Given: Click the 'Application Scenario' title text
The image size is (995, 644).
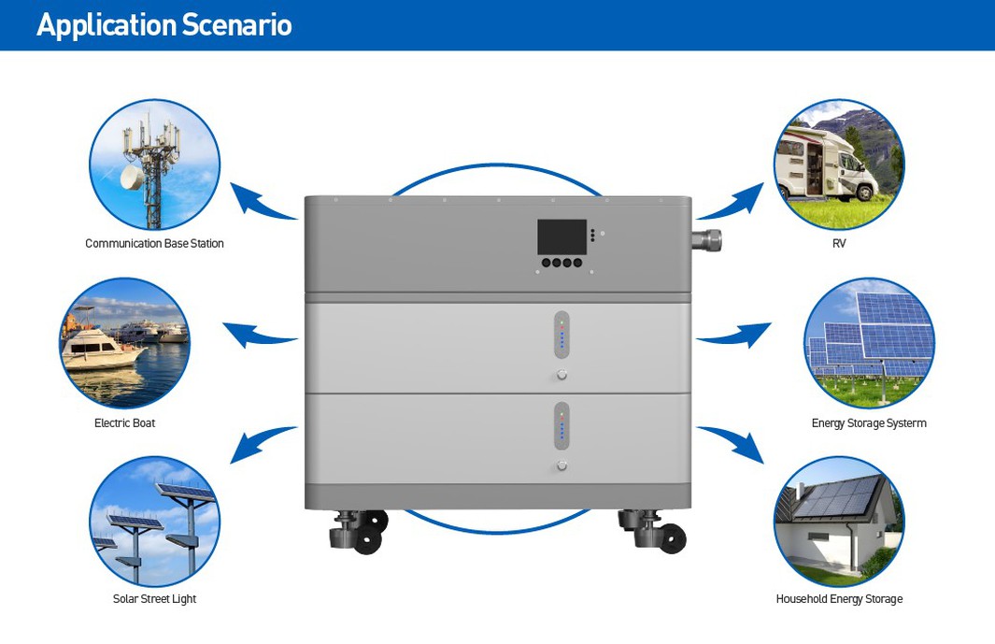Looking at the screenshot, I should [164, 25].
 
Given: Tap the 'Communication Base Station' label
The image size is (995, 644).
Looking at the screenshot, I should [154, 244].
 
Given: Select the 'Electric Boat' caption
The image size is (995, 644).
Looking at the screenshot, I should [124, 423].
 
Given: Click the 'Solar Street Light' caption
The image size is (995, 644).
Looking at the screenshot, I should [154, 599].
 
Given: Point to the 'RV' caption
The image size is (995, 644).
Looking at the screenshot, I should [838, 244].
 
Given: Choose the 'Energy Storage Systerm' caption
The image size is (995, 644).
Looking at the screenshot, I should [869, 423].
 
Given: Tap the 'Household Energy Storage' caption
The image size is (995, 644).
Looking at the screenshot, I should [839, 599].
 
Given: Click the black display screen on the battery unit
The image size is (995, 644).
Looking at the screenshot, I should [561, 237].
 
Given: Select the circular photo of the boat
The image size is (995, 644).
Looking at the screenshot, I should [124, 343].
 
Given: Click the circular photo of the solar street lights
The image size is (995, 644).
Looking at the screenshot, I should [154, 522].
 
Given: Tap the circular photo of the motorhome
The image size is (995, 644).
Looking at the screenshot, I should [839, 165].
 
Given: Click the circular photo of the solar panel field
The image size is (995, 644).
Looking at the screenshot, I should [869, 343].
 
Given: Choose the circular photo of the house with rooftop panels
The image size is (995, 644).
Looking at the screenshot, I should [839, 522].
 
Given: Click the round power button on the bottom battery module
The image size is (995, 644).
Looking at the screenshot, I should [561, 465].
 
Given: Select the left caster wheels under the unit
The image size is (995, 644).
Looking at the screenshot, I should [359, 531].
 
